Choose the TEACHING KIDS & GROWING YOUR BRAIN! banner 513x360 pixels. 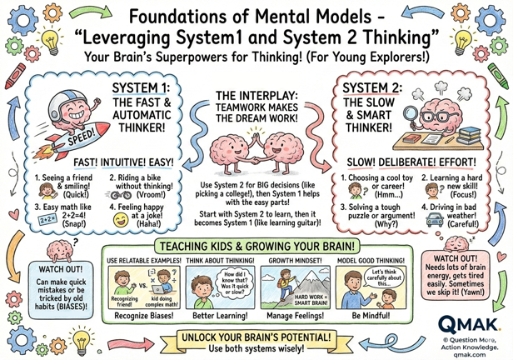click(256, 247)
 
